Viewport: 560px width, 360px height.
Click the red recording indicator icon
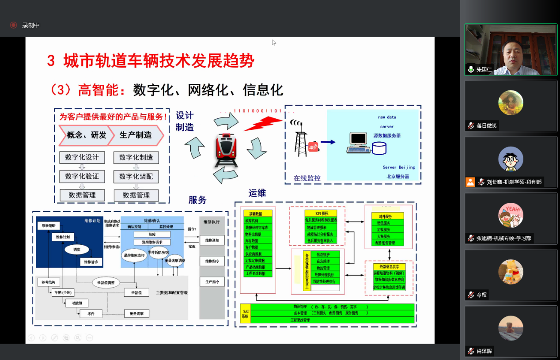coord(13,25)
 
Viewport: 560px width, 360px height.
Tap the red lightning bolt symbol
coord(262,124)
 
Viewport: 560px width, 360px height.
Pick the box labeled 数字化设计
coord(82,157)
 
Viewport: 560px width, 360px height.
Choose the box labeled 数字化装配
coord(136,176)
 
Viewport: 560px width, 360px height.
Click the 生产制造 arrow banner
coord(136,135)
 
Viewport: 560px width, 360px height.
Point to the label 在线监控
coord(307,178)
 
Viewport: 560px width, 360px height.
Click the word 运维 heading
coord(257,193)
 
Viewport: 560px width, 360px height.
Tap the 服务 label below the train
coord(197,200)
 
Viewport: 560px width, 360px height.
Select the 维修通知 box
coord(212,240)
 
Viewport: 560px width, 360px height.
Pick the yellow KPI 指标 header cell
coord(321,213)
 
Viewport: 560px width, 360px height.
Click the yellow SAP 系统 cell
coord(246,314)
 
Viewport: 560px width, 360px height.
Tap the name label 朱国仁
coord(484,69)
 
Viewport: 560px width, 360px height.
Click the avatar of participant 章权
coord(511,272)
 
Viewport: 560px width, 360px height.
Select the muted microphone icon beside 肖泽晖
coord(471,351)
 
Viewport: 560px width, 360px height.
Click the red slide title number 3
coord(51,61)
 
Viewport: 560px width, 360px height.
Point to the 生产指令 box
coord(212,281)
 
